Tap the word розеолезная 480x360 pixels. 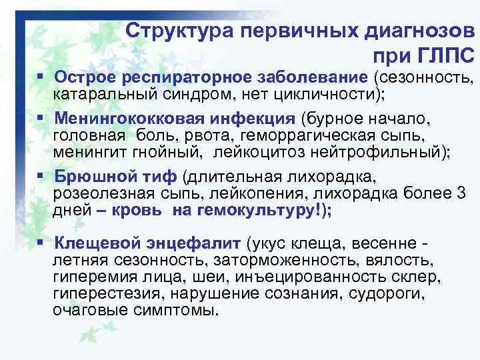click(x=96, y=193)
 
